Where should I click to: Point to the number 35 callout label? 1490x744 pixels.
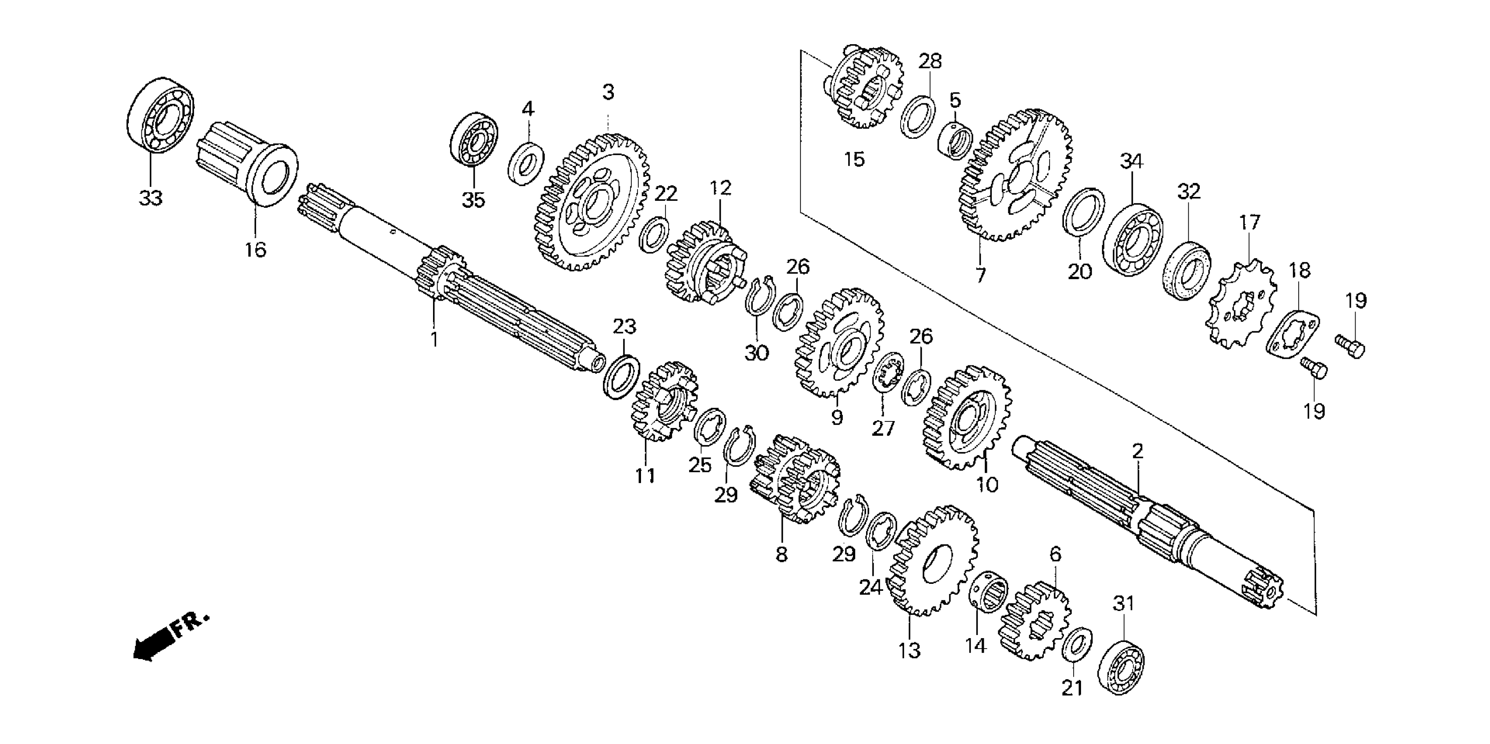pos(473,200)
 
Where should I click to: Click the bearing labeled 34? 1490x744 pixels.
pos(1133,239)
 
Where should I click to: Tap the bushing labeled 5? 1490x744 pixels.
pos(955,140)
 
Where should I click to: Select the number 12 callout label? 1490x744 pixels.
pos(721,188)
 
